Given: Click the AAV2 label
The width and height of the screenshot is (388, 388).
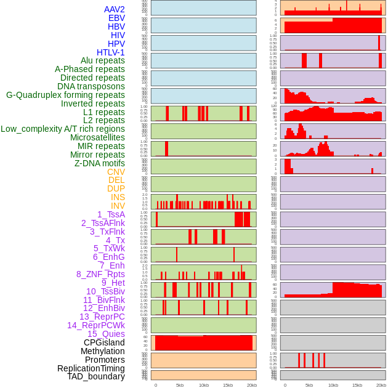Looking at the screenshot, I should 115,9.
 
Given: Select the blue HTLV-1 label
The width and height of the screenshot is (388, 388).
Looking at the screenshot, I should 111,52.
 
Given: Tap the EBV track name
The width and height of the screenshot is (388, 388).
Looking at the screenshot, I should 116,18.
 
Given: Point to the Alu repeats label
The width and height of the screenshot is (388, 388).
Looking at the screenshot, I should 103,60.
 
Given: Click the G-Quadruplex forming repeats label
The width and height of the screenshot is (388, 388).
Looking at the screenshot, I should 65,95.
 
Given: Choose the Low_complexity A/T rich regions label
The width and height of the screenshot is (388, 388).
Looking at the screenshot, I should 63,129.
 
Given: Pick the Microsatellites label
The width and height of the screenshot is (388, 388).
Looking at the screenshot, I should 97,137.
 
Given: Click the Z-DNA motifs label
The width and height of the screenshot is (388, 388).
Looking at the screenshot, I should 100,163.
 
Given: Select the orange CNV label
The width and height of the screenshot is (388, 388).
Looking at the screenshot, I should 116,172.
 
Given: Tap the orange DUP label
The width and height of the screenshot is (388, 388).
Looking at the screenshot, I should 116,188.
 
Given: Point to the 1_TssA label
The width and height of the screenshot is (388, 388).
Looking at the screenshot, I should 111,214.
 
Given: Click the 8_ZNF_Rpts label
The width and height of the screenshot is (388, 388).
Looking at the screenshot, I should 100,274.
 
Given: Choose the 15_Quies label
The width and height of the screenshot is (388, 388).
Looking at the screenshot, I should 106,334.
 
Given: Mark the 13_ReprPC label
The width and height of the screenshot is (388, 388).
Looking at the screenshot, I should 102,317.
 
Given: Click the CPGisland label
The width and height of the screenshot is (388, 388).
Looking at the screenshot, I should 104,342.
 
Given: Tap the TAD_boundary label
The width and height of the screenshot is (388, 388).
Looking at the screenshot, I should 96,376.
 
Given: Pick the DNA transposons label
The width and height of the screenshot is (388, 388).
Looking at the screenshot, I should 91,86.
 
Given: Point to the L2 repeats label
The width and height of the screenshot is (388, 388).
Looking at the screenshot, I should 104,120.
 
